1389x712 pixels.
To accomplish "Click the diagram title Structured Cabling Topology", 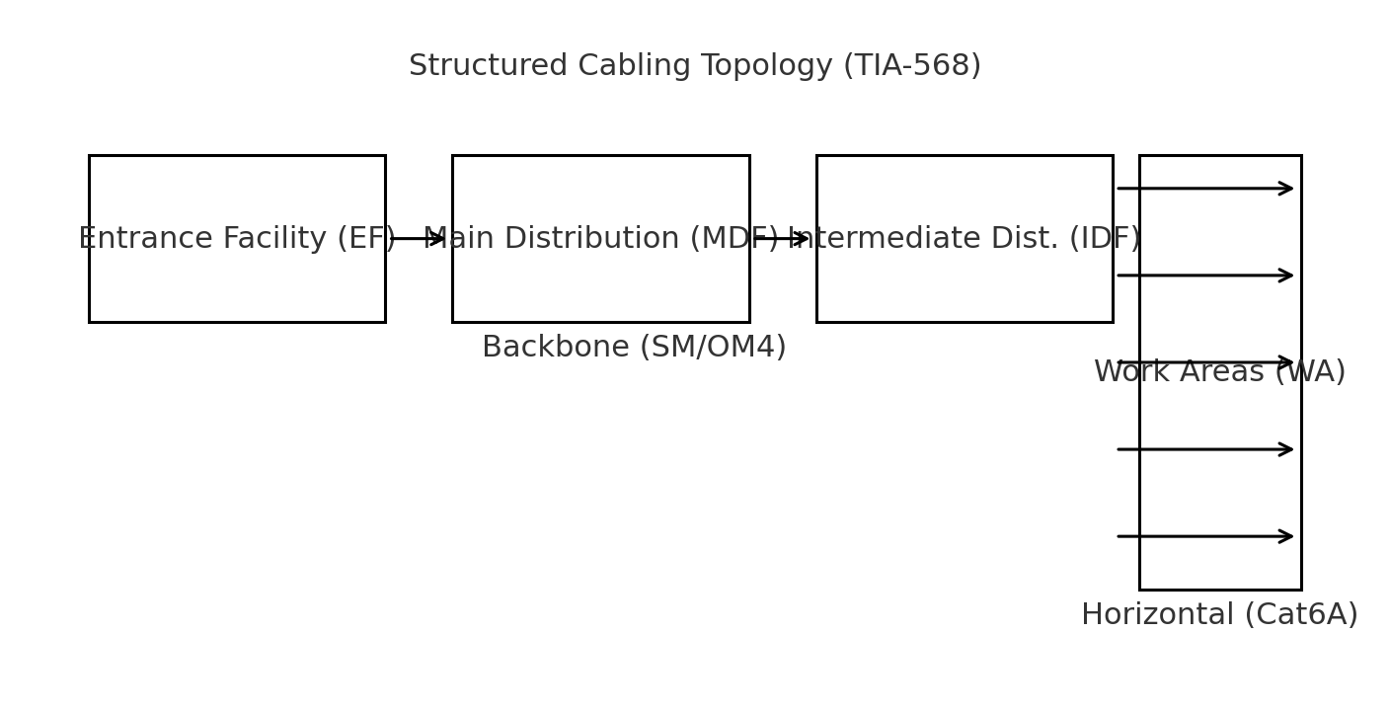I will tap(694, 66).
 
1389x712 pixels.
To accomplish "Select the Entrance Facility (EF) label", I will tap(237, 239).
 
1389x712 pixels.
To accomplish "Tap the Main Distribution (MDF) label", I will tap(600, 239).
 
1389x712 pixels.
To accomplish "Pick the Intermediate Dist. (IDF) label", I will tap(965, 239).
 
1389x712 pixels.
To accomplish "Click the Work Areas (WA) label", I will tap(1219, 372).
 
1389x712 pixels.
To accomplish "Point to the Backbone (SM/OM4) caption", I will tap(634, 348).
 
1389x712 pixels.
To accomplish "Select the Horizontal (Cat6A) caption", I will tap(1219, 615).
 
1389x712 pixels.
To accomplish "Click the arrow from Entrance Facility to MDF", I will tap(419, 239).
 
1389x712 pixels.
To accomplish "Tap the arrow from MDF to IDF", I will tap(782, 239).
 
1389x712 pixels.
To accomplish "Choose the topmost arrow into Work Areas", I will tap(1204, 189).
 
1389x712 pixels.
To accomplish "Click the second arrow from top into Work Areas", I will tap(1204, 276).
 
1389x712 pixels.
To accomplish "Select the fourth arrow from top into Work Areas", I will tap(1204, 449).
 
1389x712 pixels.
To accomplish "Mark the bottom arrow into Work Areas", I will tap(1204, 536).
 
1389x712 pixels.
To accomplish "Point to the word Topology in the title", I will tap(767, 66).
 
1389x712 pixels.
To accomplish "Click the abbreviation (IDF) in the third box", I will tap(1104, 239).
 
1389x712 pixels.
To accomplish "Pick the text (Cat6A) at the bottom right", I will tap(1300, 615).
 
